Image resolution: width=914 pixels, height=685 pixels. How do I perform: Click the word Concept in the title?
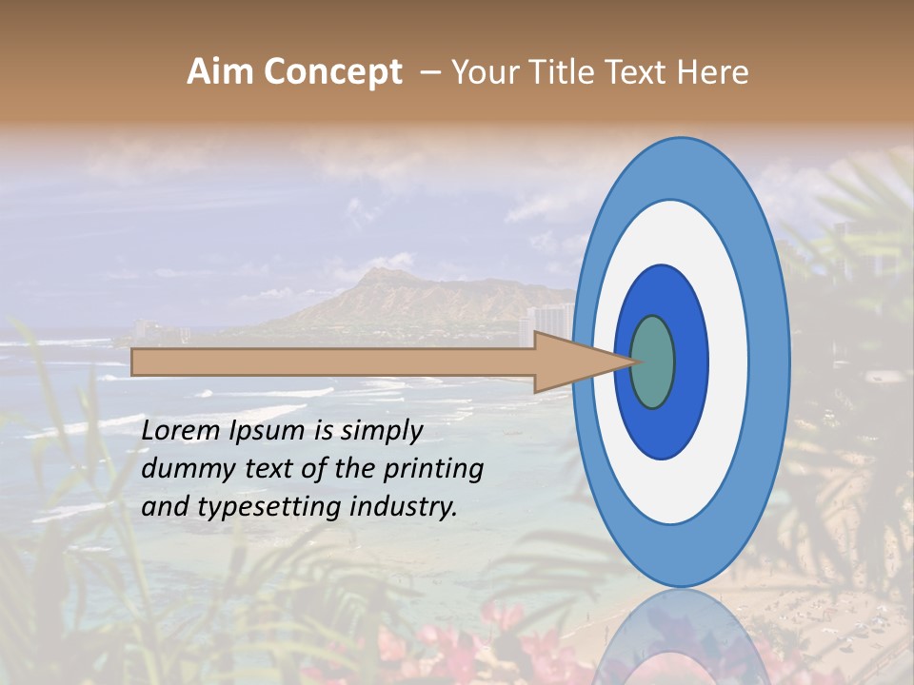tap(332, 72)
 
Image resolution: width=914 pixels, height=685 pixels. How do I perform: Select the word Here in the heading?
tap(713, 72)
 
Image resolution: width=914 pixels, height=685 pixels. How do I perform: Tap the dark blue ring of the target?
tap(690, 362)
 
